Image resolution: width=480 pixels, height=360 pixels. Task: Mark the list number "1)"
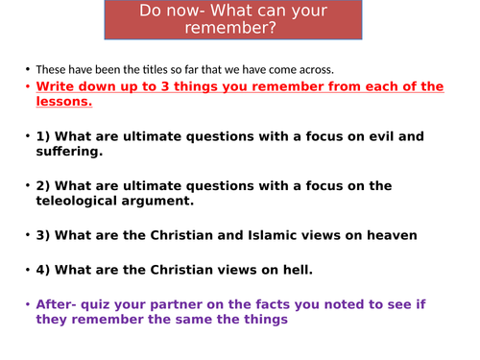point(44,136)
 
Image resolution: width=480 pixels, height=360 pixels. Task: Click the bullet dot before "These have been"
point(27,69)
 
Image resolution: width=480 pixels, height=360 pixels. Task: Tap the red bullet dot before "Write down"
point(27,86)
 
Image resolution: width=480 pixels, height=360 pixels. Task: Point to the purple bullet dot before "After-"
point(27,304)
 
